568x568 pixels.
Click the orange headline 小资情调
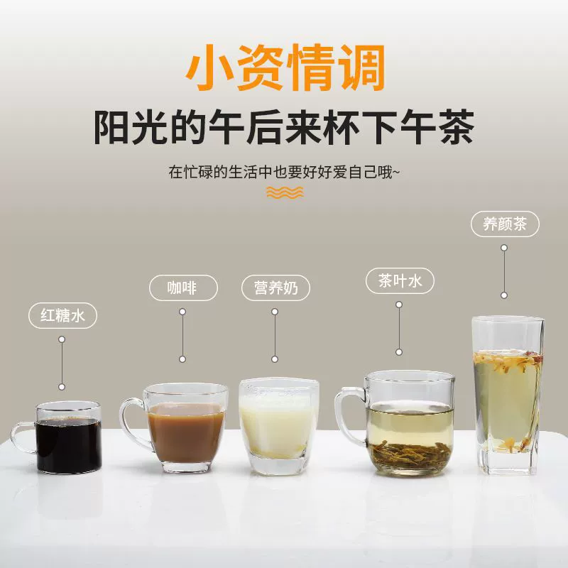coord(285,67)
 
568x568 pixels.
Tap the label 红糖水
coord(62,315)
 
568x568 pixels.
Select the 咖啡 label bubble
coord(183,288)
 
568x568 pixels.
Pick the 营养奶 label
coord(275,288)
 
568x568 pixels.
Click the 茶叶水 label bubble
coord(400,280)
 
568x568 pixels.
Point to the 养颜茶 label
coord(505,224)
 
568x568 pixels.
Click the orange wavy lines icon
coord(285,192)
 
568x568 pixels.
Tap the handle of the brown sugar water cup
coord(23,437)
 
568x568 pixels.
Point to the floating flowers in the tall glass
coord(508,361)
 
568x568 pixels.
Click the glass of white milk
coord(278,426)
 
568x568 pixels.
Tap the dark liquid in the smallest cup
coord(69,446)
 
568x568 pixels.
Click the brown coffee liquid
coord(186,433)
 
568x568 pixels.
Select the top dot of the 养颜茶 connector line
coord(504,248)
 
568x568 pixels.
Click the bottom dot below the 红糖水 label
coord(62,387)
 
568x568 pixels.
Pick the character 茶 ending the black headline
coord(456,127)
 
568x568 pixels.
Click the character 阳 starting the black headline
coord(112,127)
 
